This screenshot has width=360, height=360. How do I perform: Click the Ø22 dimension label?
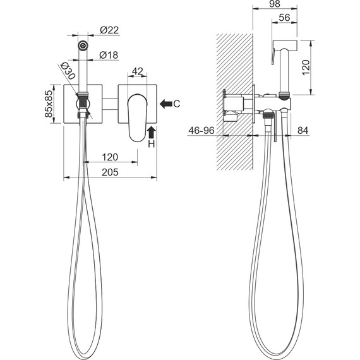pyautogui.click(x=109, y=30)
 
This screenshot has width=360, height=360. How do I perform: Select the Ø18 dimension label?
pyautogui.click(x=109, y=55)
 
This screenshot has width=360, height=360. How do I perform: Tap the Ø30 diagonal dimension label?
pyautogui.click(x=68, y=71)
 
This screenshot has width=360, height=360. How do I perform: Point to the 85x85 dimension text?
pyautogui.click(x=49, y=104)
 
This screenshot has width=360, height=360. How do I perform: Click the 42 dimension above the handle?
pyautogui.click(x=138, y=71)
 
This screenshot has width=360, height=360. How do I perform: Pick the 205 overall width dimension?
pyautogui.click(x=110, y=172)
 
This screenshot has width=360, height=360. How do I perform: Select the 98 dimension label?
pyautogui.click(x=275, y=4)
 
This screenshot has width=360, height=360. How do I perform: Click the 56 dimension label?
pyautogui.click(x=284, y=18)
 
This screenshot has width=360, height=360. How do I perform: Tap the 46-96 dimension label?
pyautogui.click(x=201, y=131)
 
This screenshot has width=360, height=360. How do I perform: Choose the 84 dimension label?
pyautogui.click(x=303, y=131)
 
